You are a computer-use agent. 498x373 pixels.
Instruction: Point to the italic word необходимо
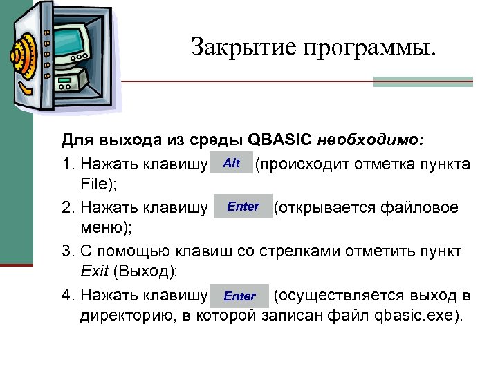371,141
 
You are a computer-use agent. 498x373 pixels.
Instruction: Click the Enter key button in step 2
243,207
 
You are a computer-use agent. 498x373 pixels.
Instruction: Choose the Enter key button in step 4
239,296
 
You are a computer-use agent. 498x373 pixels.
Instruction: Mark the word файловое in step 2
426,207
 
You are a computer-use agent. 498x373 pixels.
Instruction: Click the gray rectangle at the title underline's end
423,82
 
